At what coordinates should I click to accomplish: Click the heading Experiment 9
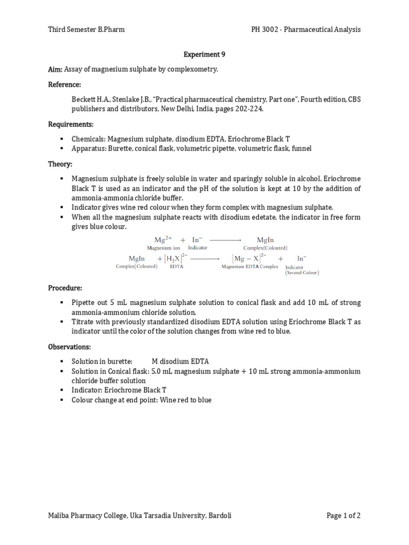tap(201, 54)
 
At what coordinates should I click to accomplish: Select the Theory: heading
tap(60, 164)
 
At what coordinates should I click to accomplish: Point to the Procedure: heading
tap(65, 288)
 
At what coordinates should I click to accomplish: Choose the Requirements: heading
tap(70, 124)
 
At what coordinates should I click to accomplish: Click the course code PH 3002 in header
tap(267, 29)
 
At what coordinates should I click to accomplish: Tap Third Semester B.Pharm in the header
tap(86, 29)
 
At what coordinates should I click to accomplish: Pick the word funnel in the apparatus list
tap(300, 148)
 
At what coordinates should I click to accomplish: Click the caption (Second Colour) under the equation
tap(302, 272)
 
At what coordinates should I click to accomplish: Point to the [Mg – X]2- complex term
tap(249, 258)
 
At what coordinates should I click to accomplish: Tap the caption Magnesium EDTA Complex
tap(249, 267)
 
